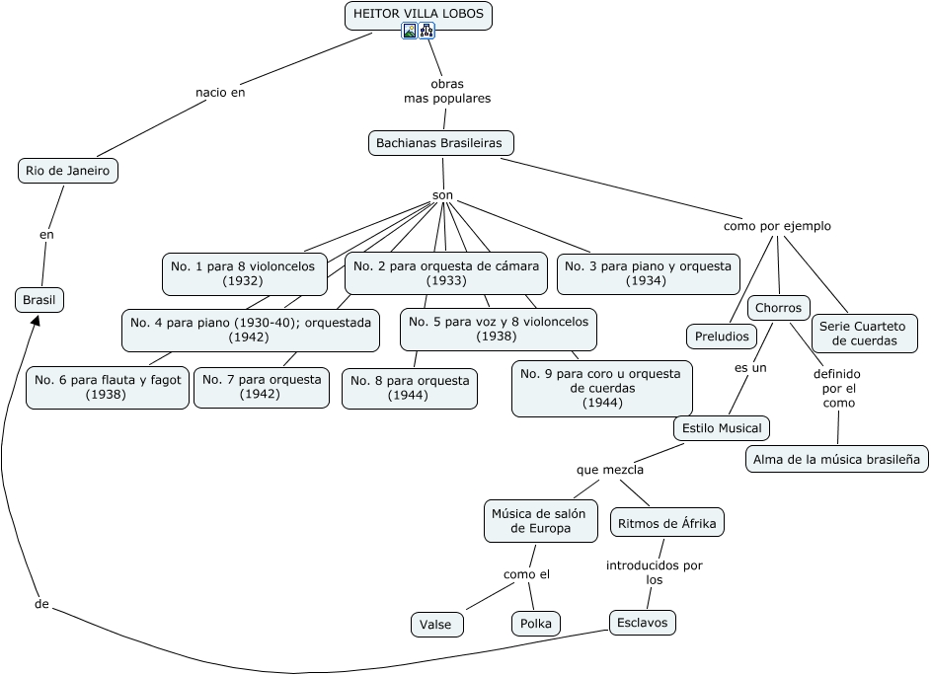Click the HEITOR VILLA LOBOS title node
tap(418, 15)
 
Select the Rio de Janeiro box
tap(67, 171)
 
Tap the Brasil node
tap(40, 300)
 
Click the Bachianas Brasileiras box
tap(439, 143)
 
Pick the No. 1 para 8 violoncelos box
tap(243, 273)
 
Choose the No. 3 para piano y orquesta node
tap(648, 273)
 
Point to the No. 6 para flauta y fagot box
tap(108, 387)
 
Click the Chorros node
tap(778, 308)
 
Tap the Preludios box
tap(721, 337)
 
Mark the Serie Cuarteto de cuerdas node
tap(864, 334)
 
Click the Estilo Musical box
tap(721, 428)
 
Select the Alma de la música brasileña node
tap(836, 459)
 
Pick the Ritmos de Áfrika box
tap(667, 523)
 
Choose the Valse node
tap(435, 625)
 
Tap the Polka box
tap(535, 624)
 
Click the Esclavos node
tap(642, 622)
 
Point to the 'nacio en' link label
tap(220, 93)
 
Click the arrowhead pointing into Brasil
tap(36, 321)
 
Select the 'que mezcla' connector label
tap(610, 470)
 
